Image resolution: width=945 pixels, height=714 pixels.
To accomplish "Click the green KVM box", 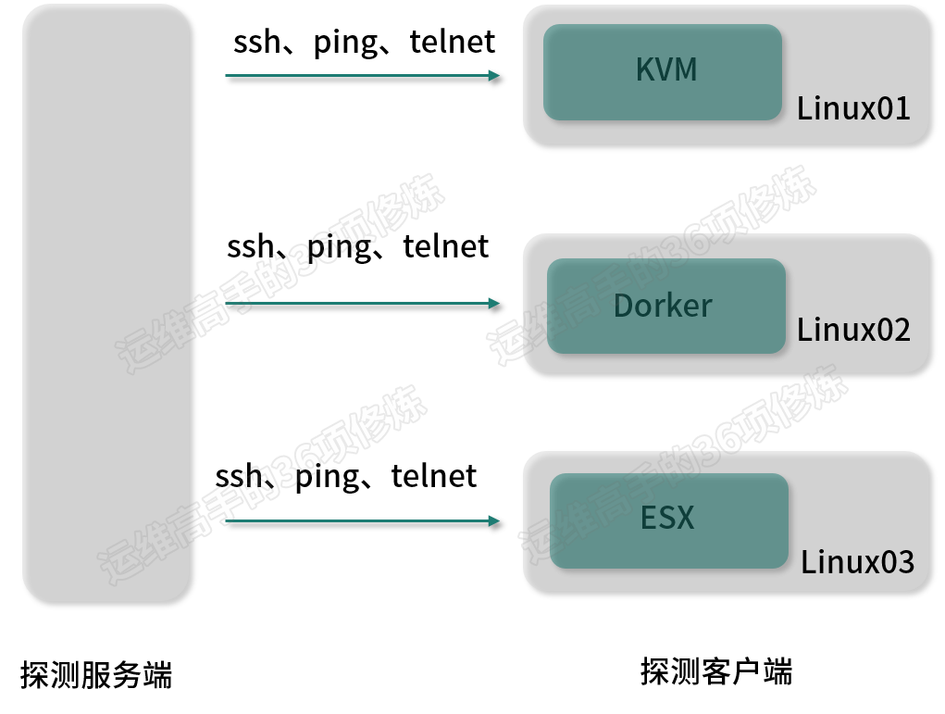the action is click(663, 71).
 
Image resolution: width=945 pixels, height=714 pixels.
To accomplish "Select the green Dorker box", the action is click(666, 306).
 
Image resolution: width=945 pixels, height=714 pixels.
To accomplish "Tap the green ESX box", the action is click(669, 521).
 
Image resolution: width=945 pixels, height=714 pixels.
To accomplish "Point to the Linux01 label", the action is click(853, 109).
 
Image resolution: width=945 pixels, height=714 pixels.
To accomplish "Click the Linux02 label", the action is click(853, 330).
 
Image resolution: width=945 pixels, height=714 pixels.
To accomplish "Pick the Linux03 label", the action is click(857, 562).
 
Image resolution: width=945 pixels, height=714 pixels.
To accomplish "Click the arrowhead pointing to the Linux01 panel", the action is click(494, 75).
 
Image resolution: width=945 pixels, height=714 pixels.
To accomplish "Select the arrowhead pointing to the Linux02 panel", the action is click(494, 304).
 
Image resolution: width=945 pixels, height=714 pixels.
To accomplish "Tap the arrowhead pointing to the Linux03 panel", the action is click(494, 521).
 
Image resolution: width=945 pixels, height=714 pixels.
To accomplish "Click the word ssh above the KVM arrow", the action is click(256, 42).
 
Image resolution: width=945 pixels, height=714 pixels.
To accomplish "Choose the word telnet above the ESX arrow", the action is click(434, 476).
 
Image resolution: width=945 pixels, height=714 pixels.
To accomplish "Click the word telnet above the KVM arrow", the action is click(452, 42).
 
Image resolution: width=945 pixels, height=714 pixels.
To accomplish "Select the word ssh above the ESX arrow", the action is click(239, 476).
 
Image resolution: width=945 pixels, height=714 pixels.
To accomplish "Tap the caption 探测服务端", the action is click(96, 674).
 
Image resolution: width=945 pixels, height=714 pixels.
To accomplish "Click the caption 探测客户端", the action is click(716, 671).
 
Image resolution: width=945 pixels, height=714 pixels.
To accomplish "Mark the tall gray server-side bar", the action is click(106, 304).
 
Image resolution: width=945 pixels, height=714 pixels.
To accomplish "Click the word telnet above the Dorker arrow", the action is click(446, 246).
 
